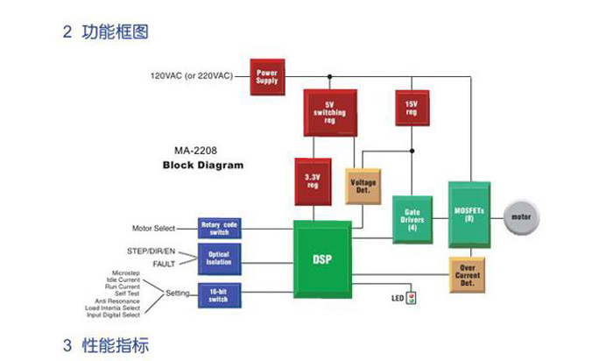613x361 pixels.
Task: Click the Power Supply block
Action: click(266, 75)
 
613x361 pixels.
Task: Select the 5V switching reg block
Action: click(325, 111)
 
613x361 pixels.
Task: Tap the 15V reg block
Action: click(410, 108)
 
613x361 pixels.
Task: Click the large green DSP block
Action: click(321, 260)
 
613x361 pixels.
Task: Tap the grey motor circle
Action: click(521, 216)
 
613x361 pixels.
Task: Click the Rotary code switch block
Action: click(219, 228)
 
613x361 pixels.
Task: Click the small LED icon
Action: click(412, 298)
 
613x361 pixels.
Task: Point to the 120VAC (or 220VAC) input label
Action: click(192, 76)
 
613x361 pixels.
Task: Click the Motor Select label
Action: click(153, 229)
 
